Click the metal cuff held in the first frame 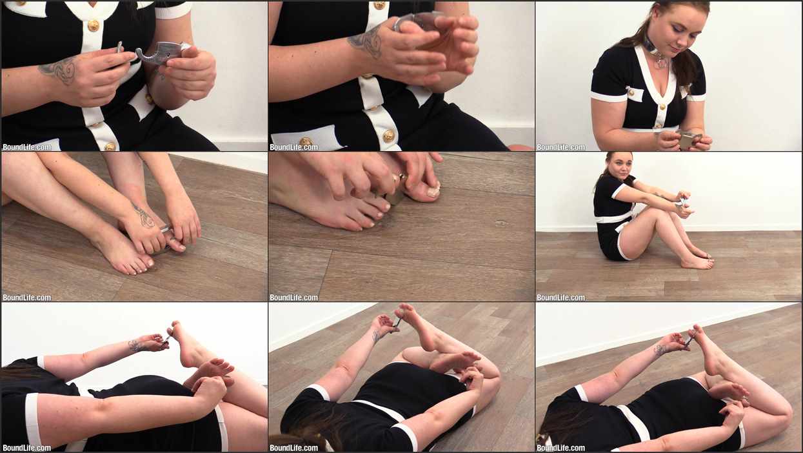click(x=158, y=53)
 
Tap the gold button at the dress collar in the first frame click(x=94, y=25)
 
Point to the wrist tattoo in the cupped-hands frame click(x=366, y=43)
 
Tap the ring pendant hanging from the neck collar click(x=661, y=62)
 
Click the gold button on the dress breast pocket click(x=631, y=93)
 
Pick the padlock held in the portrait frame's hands click(x=687, y=139)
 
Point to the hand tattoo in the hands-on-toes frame click(x=144, y=217)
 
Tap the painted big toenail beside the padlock click(x=433, y=191)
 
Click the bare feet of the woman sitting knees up click(x=698, y=259)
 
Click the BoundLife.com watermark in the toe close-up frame click(x=294, y=297)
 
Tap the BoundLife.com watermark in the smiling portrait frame click(x=560, y=147)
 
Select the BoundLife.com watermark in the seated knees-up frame click(x=560, y=297)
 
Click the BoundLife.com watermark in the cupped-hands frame click(x=294, y=147)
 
